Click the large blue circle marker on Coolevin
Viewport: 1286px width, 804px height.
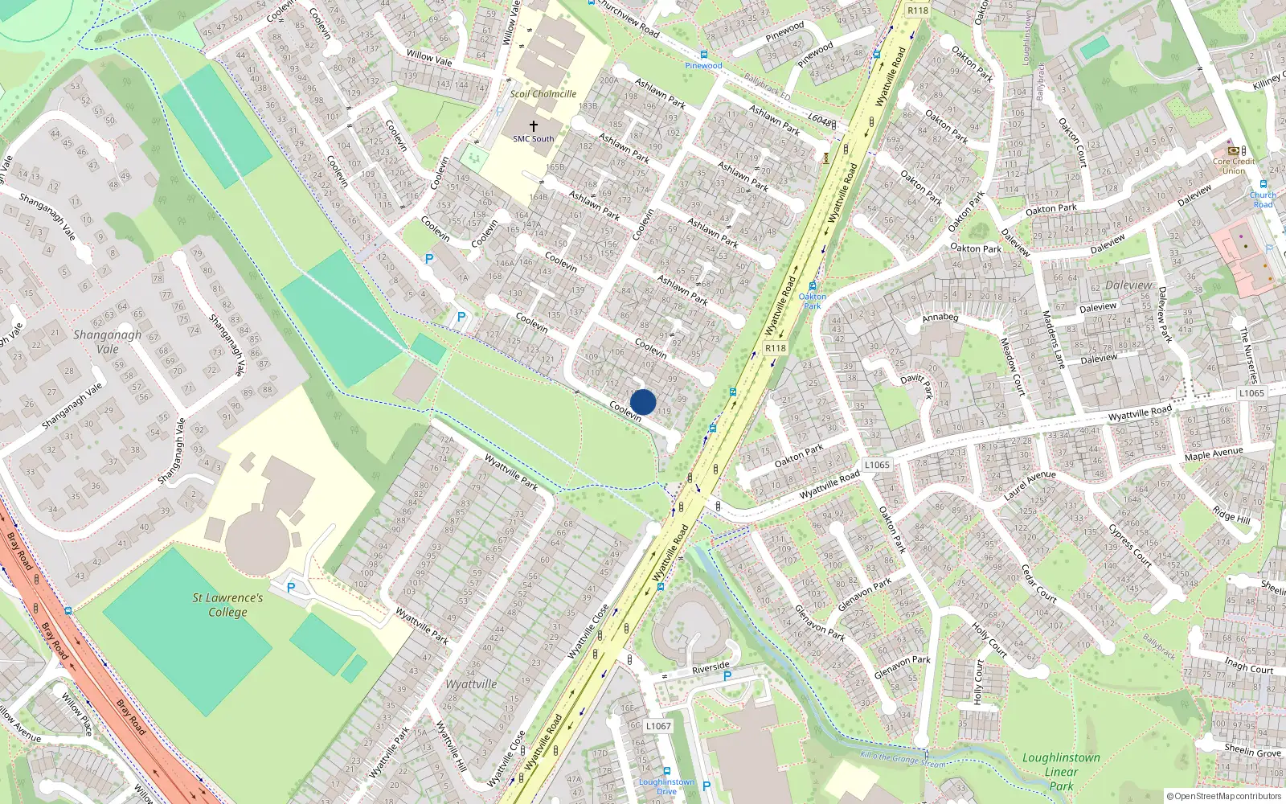click(x=643, y=402)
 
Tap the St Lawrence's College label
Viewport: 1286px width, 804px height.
click(x=227, y=605)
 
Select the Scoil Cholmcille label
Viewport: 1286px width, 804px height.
click(x=543, y=94)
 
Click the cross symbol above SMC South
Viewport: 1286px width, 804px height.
click(x=533, y=126)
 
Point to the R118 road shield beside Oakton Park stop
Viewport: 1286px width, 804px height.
click(x=775, y=348)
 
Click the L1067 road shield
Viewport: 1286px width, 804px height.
click(x=658, y=726)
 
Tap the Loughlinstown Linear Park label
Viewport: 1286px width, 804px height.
click(x=1061, y=772)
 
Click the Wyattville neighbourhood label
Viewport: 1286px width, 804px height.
click(x=471, y=684)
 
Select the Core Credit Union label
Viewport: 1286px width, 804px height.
click(x=1234, y=166)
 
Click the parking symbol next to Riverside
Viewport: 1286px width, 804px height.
click(x=727, y=676)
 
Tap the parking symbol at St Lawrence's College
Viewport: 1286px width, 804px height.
click(x=291, y=588)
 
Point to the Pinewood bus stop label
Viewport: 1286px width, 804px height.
click(x=703, y=66)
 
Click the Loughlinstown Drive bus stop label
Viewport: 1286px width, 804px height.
click(x=666, y=786)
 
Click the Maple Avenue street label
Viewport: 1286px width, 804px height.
click(x=1213, y=454)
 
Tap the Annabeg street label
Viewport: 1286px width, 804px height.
click(x=940, y=318)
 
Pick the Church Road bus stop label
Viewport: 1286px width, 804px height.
click(x=1263, y=199)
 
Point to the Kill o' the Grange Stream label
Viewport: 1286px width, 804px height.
click(x=903, y=757)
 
